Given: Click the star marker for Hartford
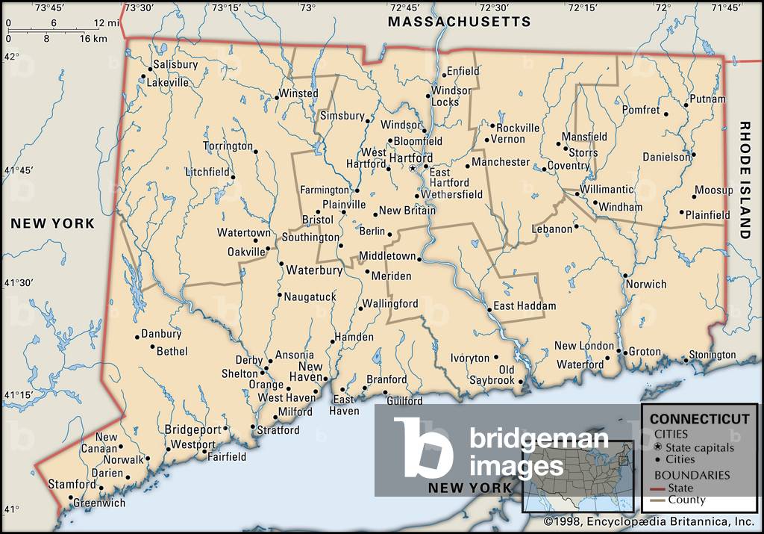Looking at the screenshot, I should tap(413, 169).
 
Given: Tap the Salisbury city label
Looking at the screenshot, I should tap(175, 65).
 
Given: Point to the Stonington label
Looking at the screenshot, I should tap(712, 355).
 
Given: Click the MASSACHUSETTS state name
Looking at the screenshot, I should tap(459, 22).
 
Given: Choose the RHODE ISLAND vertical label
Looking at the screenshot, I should tap(745, 180).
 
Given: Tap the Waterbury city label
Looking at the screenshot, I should tap(314, 270).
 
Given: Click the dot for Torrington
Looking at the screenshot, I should tap(255, 152).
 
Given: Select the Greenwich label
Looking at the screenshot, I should tap(99, 503).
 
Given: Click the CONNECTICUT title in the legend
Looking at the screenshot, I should tap(699, 419).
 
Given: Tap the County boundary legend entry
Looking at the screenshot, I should tap(686, 500).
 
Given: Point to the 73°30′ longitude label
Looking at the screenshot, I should tap(140, 8).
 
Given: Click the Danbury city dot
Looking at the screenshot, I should tap(137, 337).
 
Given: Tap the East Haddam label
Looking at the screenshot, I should tap(525, 306).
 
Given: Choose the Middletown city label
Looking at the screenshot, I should tap(387, 256).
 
